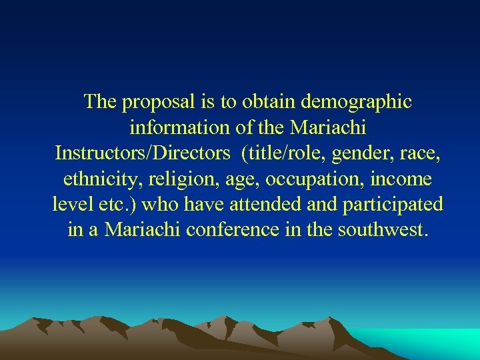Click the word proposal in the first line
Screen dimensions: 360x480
click(157, 103)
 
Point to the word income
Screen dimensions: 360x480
click(404, 178)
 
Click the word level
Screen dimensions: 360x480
click(70, 203)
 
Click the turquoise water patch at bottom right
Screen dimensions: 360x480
click(433, 343)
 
